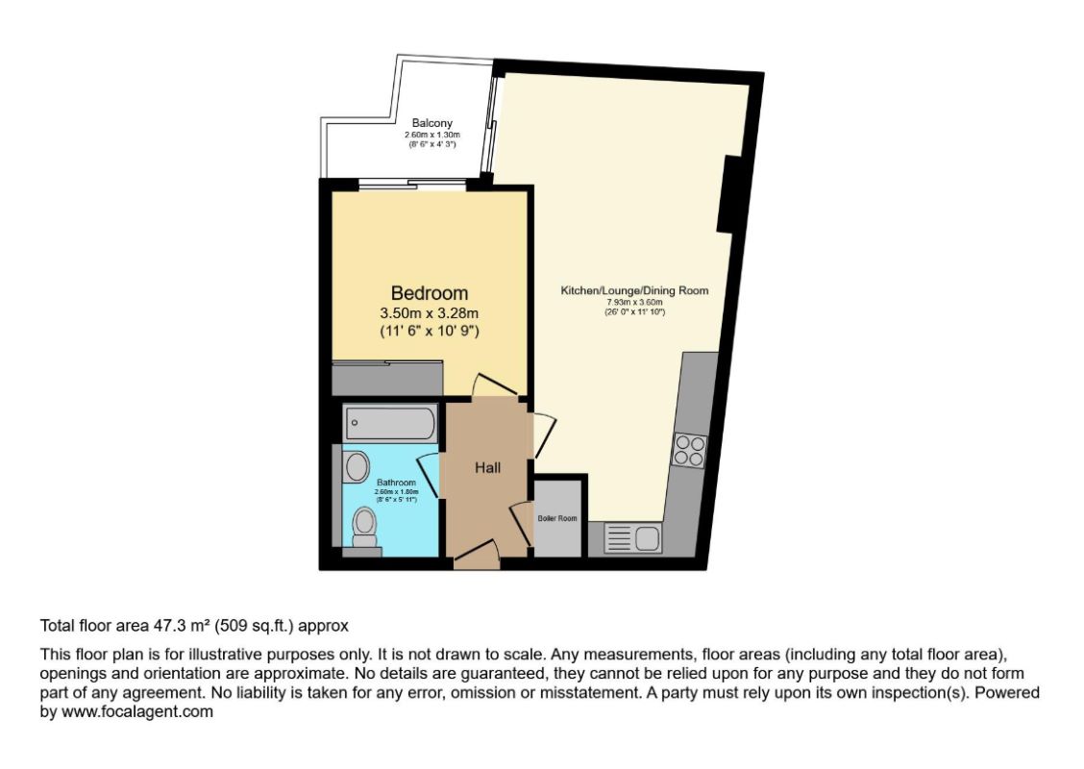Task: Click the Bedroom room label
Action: pyautogui.click(x=429, y=293)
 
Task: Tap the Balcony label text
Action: pyautogui.click(x=431, y=123)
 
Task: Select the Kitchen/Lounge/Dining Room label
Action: pyautogui.click(x=634, y=289)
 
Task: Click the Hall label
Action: pyautogui.click(x=487, y=468)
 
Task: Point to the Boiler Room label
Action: pyautogui.click(x=557, y=518)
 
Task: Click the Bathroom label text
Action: pyautogui.click(x=395, y=482)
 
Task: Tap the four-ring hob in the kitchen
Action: pyautogui.click(x=690, y=450)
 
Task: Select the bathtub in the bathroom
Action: pyautogui.click(x=390, y=423)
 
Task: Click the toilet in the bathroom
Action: pyautogui.click(x=364, y=526)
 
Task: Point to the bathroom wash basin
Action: pyautogui.click(x=356, y=467)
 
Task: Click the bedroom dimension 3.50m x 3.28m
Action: pyautogui.click(x=429, y=313)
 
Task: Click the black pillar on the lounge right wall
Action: pyautogui.click(x=730, y=198)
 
